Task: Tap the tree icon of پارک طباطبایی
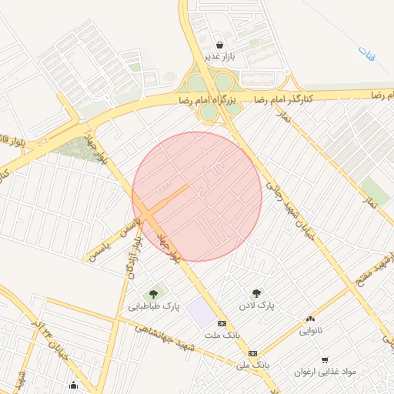pyautogui.click(x=154, y=293)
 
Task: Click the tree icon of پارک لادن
pyautogui.click(x=256, y=293)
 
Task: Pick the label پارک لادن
pyautogui.click(x=256, y=306)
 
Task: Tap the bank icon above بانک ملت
pyautogui.click(x=222, y=323)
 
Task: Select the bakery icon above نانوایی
pyautogui.click(x=310, y=319)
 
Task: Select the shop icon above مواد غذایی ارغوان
pyautogui.click(x=326, y=359)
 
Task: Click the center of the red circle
pyautogui.click(x=197, y=196)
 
